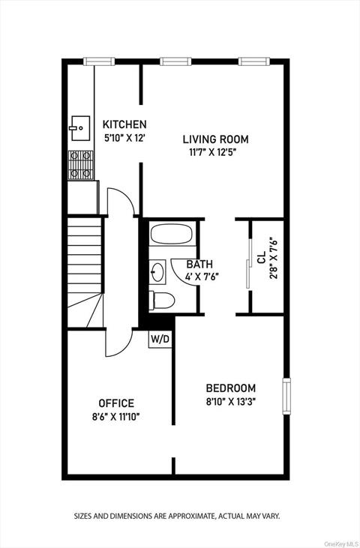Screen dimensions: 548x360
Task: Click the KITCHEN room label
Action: tap(124, 124)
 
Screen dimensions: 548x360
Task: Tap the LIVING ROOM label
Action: tap(219, 139)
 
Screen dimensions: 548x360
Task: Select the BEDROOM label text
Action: tap(231, 388)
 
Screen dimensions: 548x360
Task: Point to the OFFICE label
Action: tap(116, 403)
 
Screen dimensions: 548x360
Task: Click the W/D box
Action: tap(160, 339)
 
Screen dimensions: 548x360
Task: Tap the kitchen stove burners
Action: tap(81, 165)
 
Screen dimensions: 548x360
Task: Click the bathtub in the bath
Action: tap(172, 234)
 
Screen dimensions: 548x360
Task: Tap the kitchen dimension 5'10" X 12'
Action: tap(124, 138)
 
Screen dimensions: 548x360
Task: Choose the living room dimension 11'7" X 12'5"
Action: tap(219, 152)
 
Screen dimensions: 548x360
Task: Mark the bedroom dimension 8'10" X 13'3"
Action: tap(231, 402)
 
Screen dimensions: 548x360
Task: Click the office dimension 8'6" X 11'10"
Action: tap(116, 417)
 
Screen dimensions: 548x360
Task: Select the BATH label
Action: tap(199, 264)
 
